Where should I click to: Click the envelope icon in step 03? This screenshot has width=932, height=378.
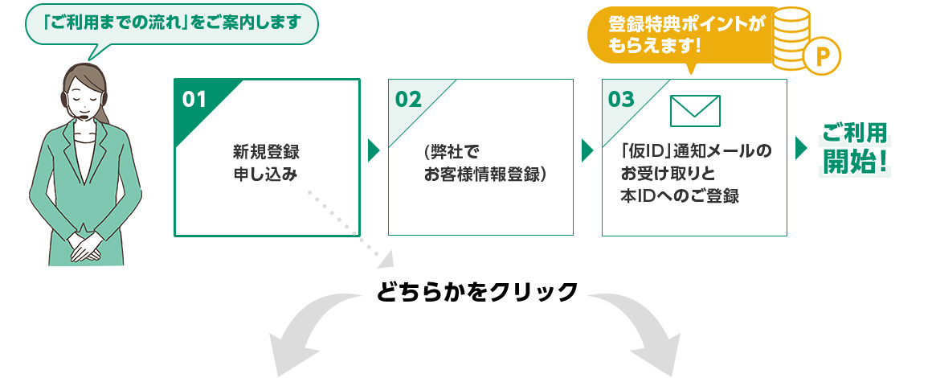pos(694,111)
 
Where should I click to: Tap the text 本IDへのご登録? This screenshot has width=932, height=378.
pos(679,196)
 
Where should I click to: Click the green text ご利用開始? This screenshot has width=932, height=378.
pos(855,150)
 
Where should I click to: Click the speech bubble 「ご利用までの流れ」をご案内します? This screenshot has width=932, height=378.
pos(172,23)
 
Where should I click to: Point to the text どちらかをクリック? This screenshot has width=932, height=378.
pos(476,290)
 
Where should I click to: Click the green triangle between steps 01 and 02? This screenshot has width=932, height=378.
pos(374,150)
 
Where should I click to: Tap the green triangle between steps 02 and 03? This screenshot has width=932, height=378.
pos(587,150)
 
